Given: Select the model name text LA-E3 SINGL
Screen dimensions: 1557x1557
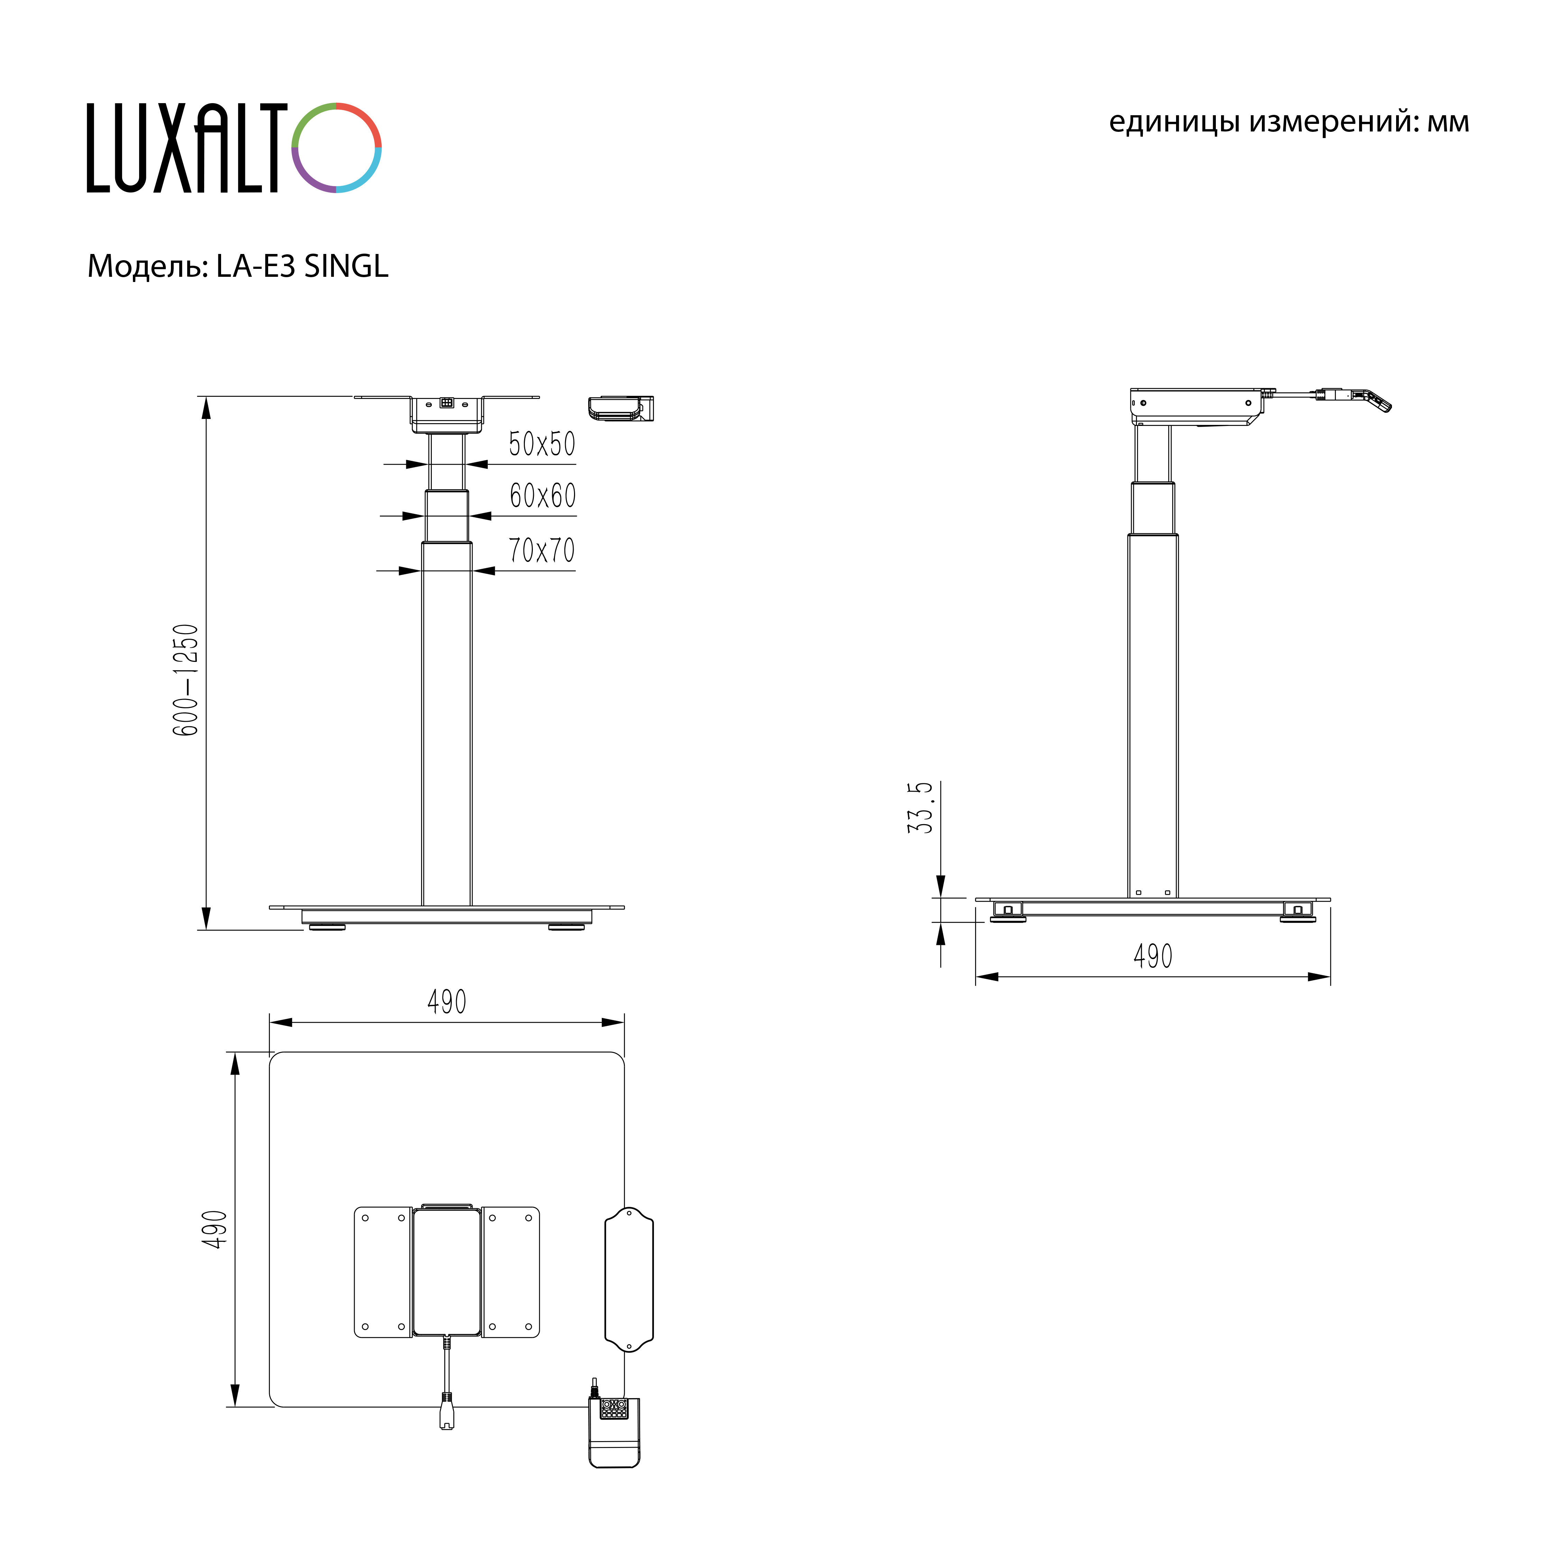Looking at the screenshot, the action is click(x=302, y=266).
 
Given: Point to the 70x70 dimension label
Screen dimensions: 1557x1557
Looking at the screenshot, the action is click(x=541, y=550).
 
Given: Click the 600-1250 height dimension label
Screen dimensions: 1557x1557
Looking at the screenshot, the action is click(x=185, y=680).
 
